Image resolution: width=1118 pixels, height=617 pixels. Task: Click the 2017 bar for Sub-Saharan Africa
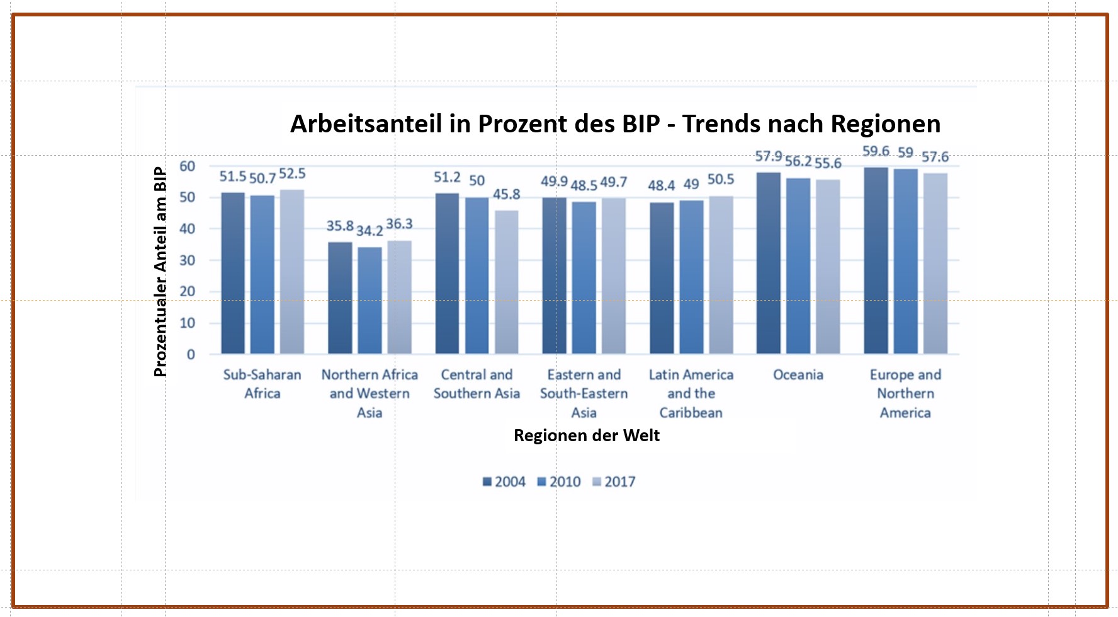point(292,272)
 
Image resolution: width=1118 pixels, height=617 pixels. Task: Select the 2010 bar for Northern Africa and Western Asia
point(370,300)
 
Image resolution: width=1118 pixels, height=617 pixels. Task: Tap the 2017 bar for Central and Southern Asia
point(507,282)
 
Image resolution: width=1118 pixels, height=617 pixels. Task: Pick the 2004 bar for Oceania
point(768,263)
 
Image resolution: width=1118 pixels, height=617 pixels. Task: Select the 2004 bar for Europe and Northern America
point(876,260)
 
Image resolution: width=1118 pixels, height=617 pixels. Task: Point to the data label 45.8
point(507,194)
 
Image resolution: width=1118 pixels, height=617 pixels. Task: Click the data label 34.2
point(370,231)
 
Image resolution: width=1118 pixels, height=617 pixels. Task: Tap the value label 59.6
point(876,151)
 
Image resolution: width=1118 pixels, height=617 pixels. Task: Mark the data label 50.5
point(721,180)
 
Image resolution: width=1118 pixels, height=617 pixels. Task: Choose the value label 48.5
point(584,186)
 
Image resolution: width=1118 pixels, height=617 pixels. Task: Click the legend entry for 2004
point(504,482)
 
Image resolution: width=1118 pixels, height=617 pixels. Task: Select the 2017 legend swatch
point(597,482)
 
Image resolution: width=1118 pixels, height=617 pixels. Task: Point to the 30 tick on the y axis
point(187,260)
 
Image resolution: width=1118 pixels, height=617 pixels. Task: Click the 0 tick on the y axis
point(191,354)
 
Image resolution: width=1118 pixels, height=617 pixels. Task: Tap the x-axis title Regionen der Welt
point(587,435)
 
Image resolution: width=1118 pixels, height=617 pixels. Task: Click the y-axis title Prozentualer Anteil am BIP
point(161,272)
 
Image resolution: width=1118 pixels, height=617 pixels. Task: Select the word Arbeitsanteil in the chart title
point(366,124)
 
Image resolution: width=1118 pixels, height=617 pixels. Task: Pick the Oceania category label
point(798,375)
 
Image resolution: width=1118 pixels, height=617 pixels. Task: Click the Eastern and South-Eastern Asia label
point(584,393)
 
